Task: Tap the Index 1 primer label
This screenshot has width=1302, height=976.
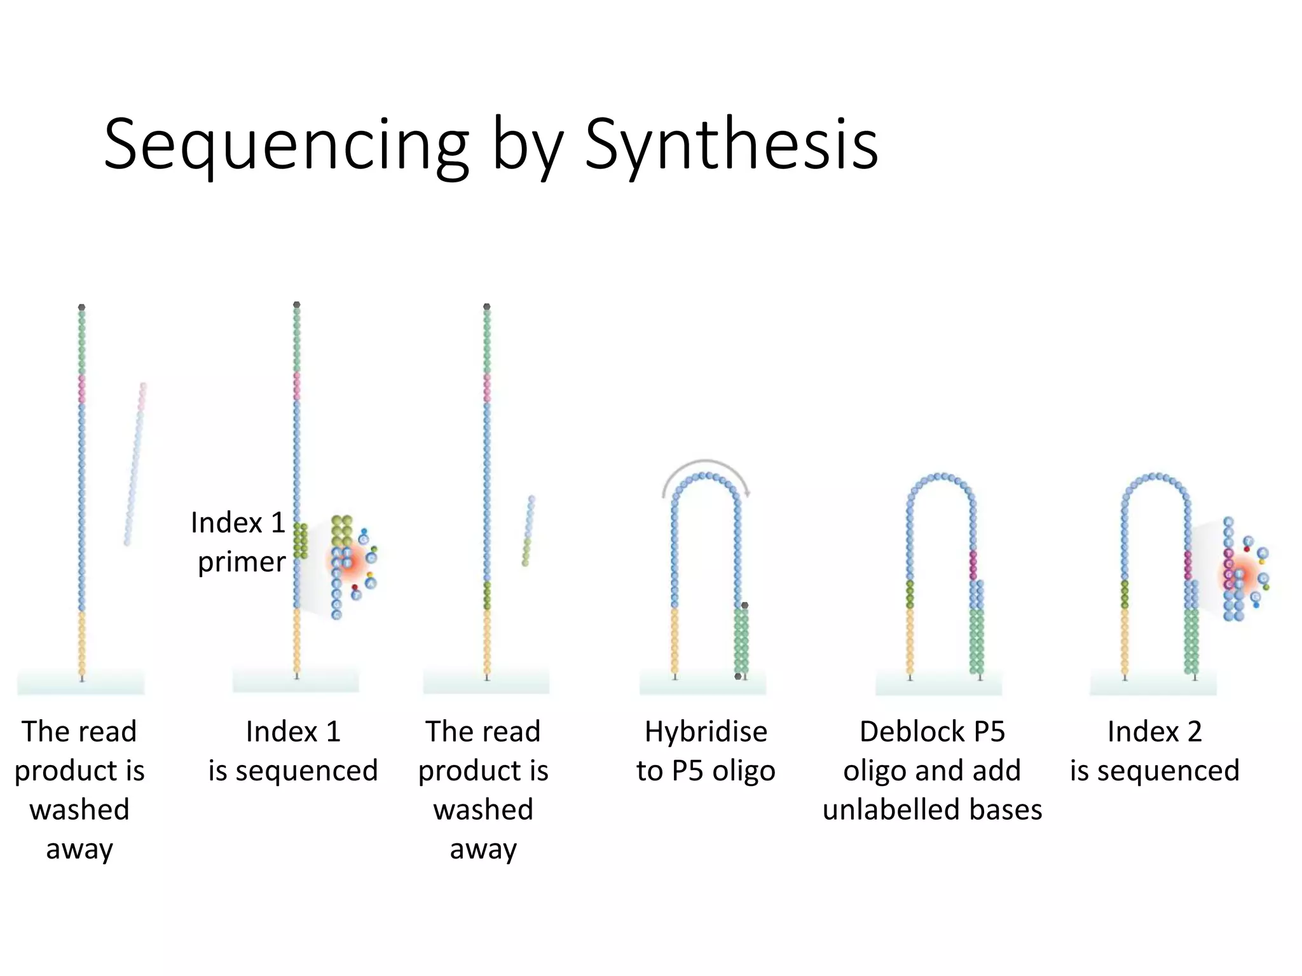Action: point(239,542)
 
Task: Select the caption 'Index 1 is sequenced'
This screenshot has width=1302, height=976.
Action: point(293,751)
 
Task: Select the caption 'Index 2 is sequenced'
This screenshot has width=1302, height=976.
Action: point(1155,751)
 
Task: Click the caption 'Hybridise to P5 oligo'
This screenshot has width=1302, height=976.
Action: point(706,751)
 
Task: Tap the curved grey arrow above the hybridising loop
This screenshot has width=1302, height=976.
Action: point(706,463)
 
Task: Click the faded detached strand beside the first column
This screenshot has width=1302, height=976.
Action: point(135,464)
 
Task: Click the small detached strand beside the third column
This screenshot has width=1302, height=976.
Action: point(528,531)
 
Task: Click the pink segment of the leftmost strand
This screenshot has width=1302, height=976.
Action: point(82,389)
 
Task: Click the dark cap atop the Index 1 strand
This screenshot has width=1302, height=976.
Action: point(296,305)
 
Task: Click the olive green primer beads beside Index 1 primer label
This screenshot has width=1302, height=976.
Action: point(301,541)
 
